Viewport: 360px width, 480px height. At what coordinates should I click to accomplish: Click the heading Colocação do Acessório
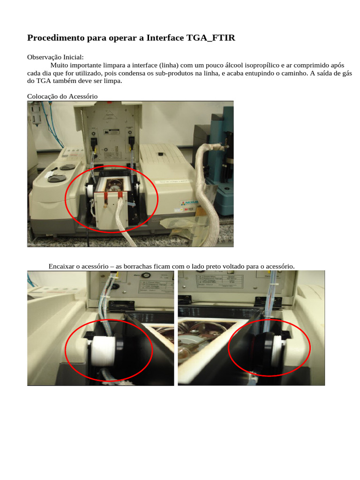(62, 96)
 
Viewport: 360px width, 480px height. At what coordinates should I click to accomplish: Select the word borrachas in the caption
(139, 266)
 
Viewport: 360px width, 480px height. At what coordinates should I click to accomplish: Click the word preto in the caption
(217, 266)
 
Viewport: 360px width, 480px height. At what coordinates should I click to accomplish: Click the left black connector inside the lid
(94, 140)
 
